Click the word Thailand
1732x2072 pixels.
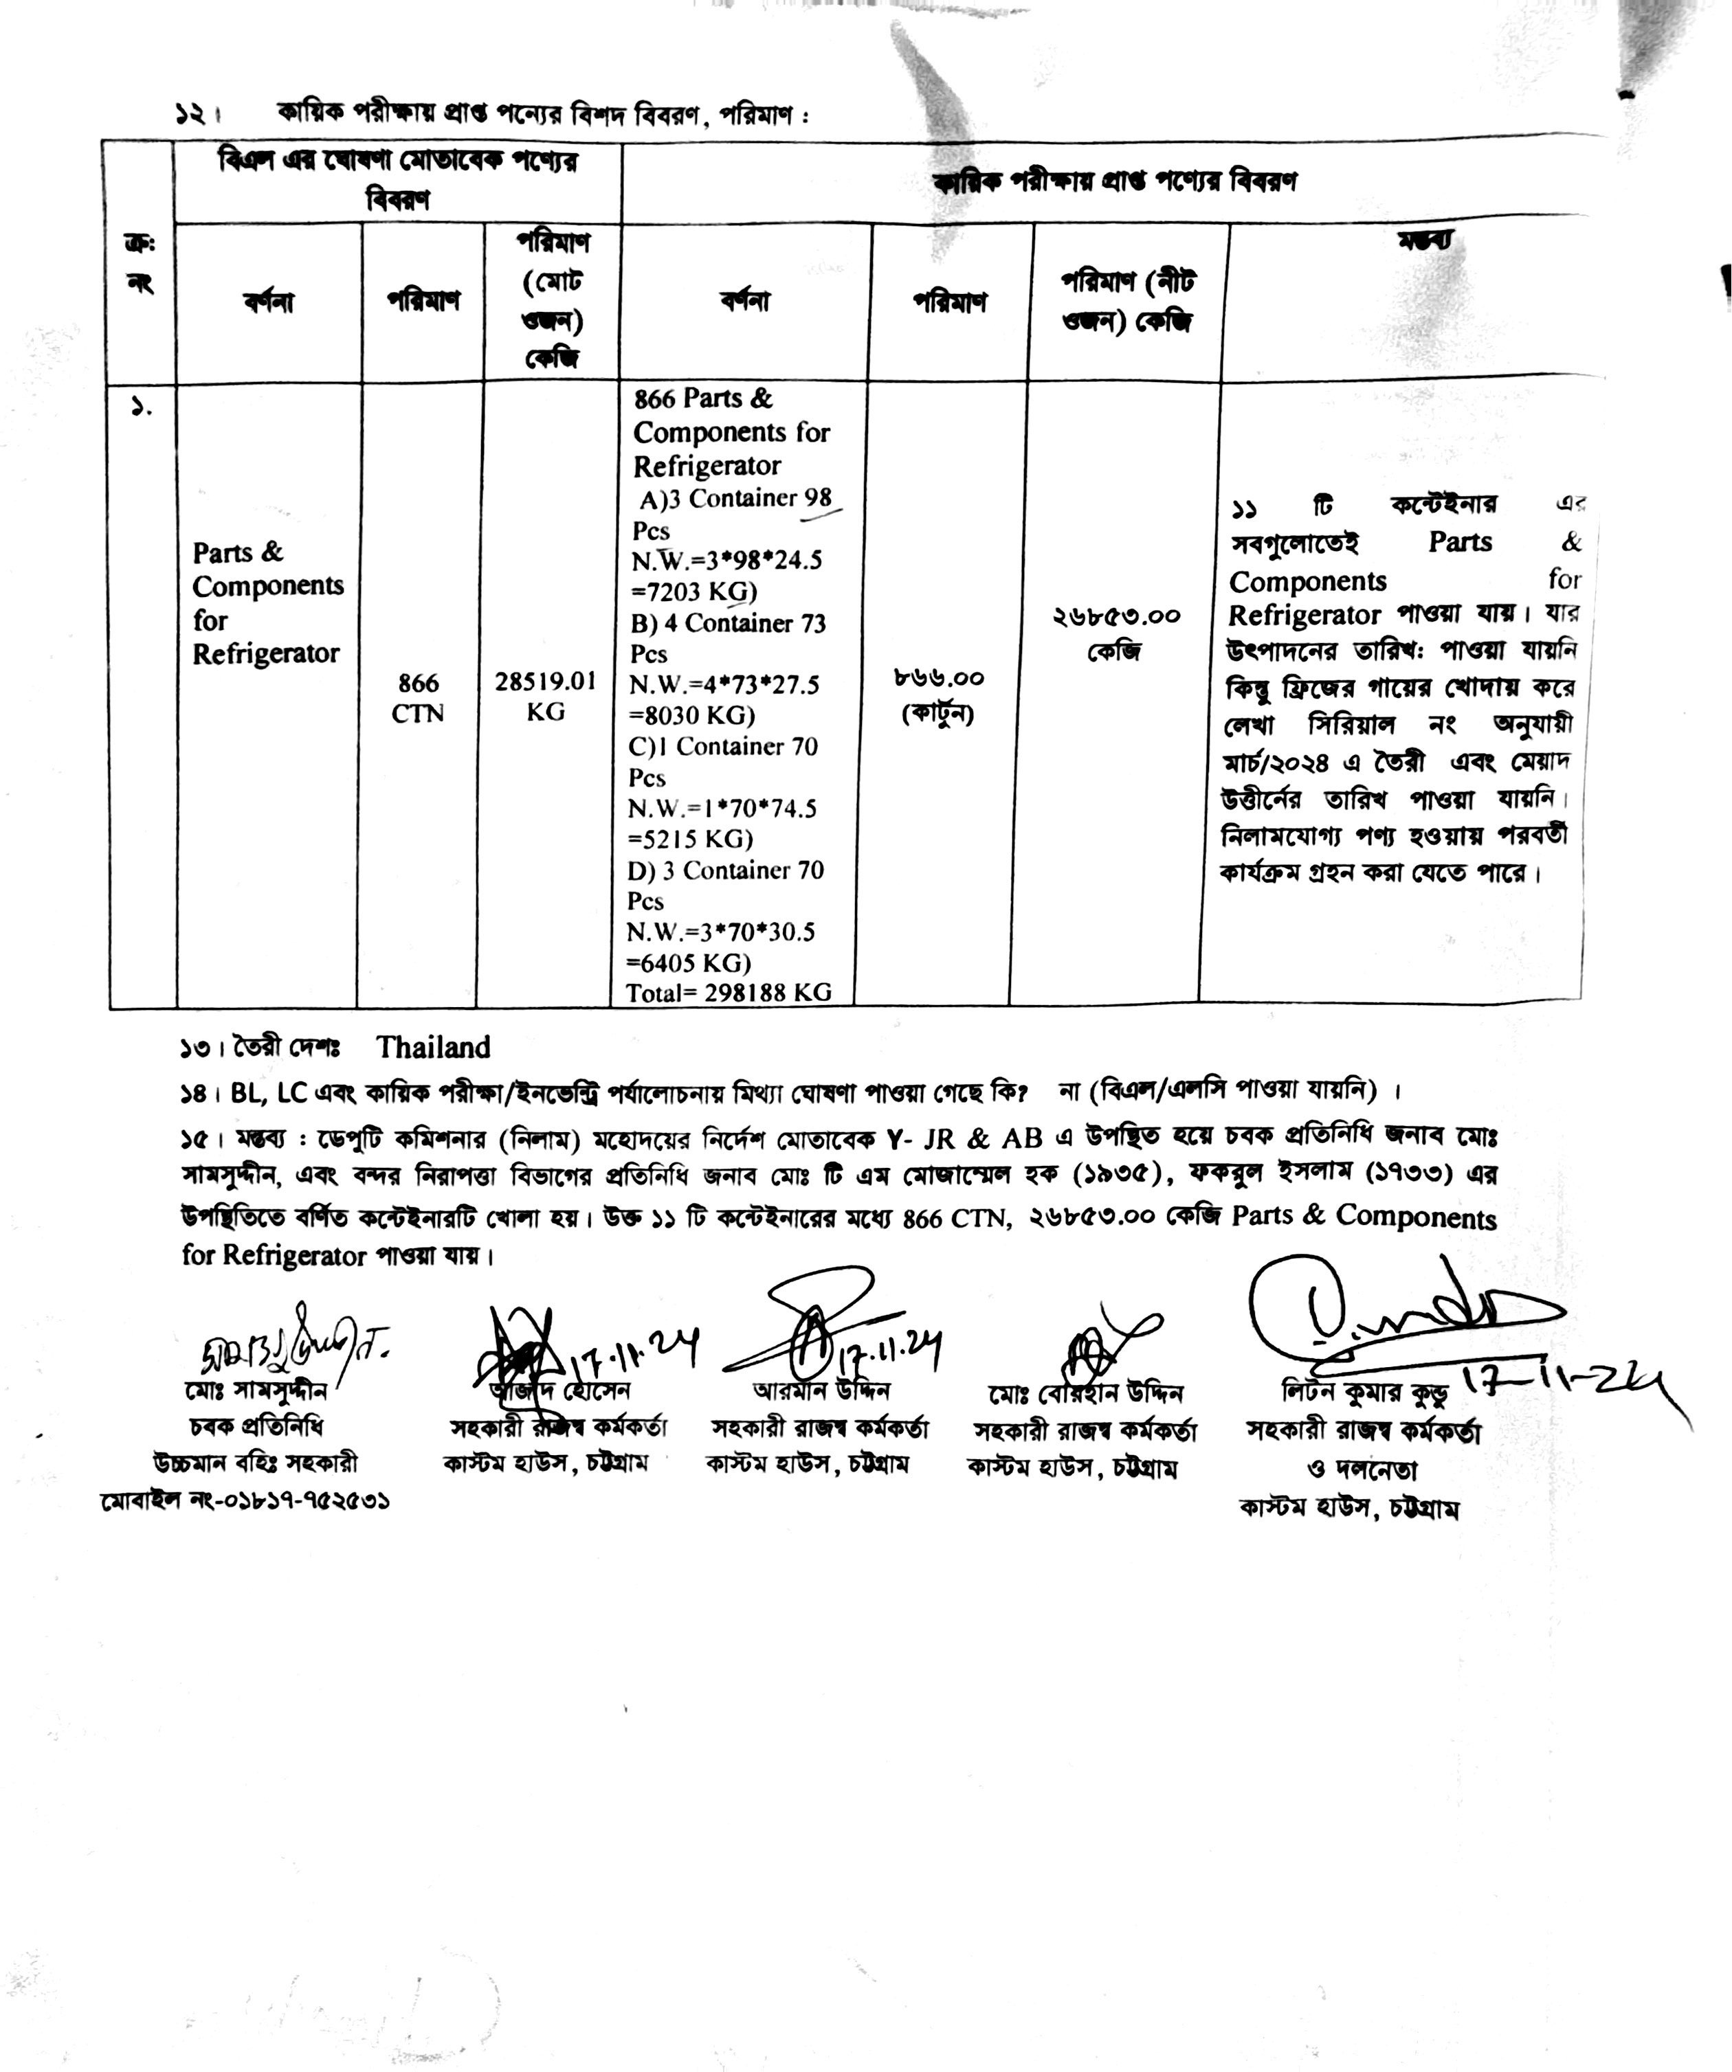(432, 1047)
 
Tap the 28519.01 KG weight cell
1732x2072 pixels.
(545, 697)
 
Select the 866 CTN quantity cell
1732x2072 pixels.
(419, 697)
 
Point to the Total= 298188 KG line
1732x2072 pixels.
(729, 993)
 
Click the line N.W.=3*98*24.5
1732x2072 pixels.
(727, 561)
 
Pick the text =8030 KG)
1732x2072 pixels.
(693, 715)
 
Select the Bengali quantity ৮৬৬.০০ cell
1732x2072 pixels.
(939, 678)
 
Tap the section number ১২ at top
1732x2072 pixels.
(190, 115)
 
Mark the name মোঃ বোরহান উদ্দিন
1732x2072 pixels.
(1085, 1393)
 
